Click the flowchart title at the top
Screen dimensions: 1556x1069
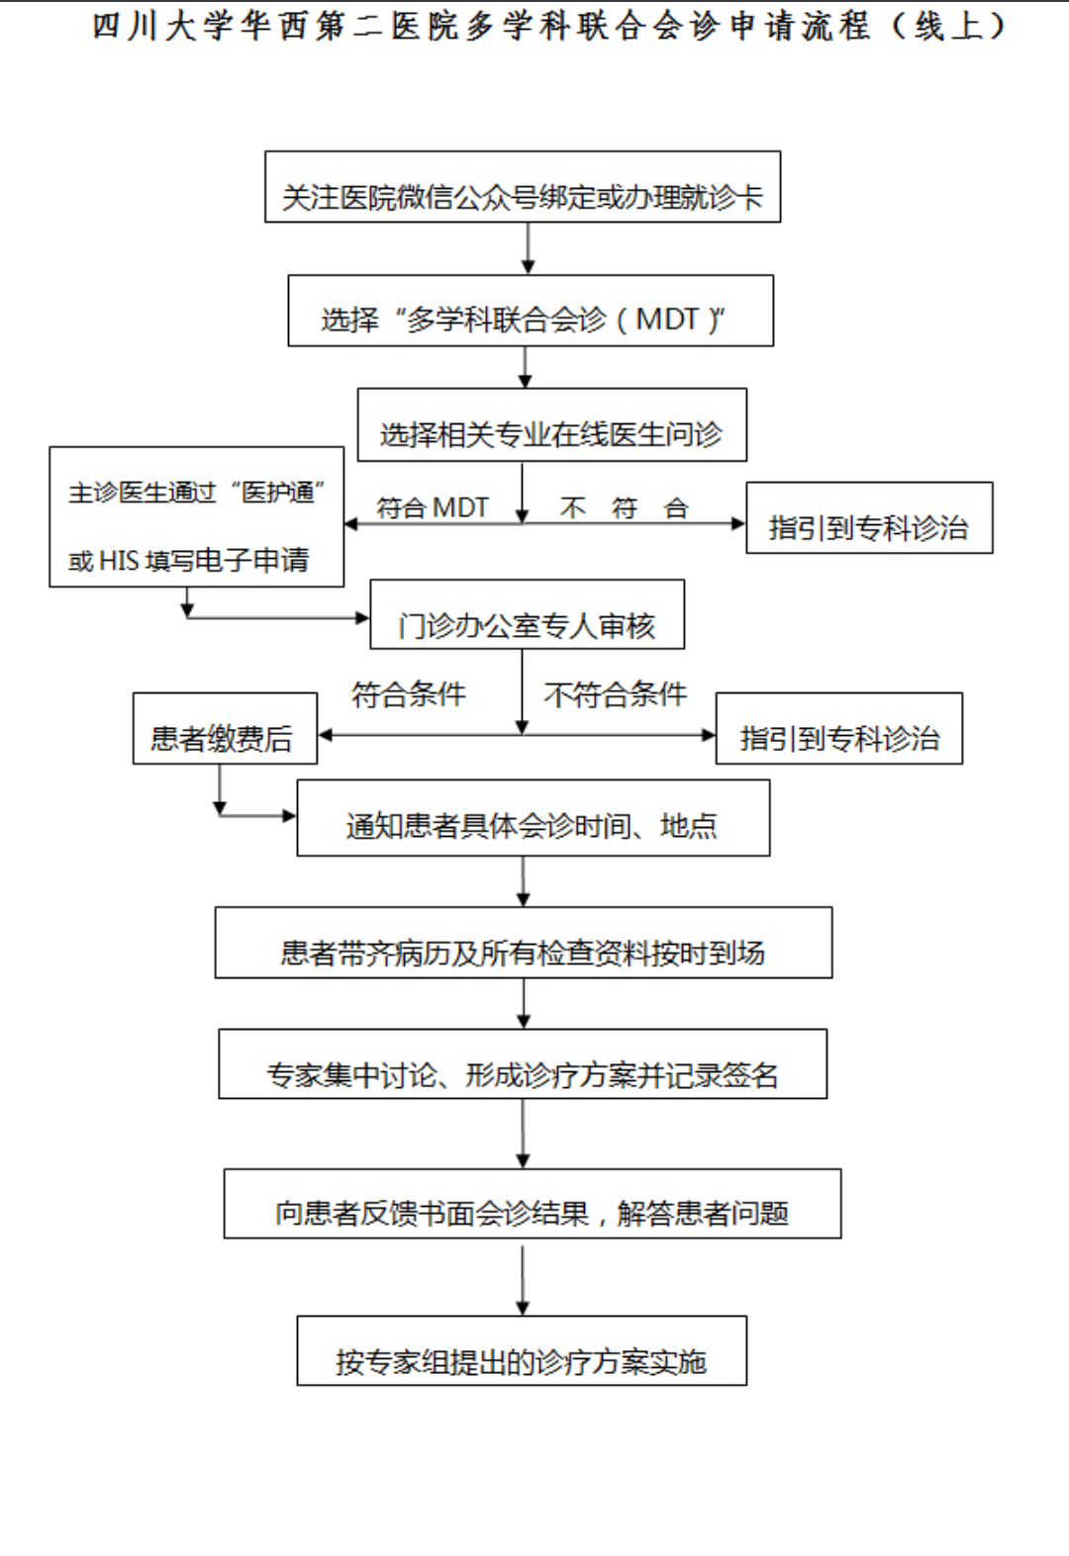click(x=549, y=27)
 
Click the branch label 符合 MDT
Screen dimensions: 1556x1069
click(x=433, y=508)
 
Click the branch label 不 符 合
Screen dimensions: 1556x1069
click(x=624, y=508)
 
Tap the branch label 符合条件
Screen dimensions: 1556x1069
click(x=408, y=694)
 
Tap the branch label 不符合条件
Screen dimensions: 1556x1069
click(x=615, y=694)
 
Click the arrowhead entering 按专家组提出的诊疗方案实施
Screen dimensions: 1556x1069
click(x=523, y=1309)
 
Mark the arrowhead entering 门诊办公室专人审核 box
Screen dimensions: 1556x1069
click(x=362, y=618)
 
